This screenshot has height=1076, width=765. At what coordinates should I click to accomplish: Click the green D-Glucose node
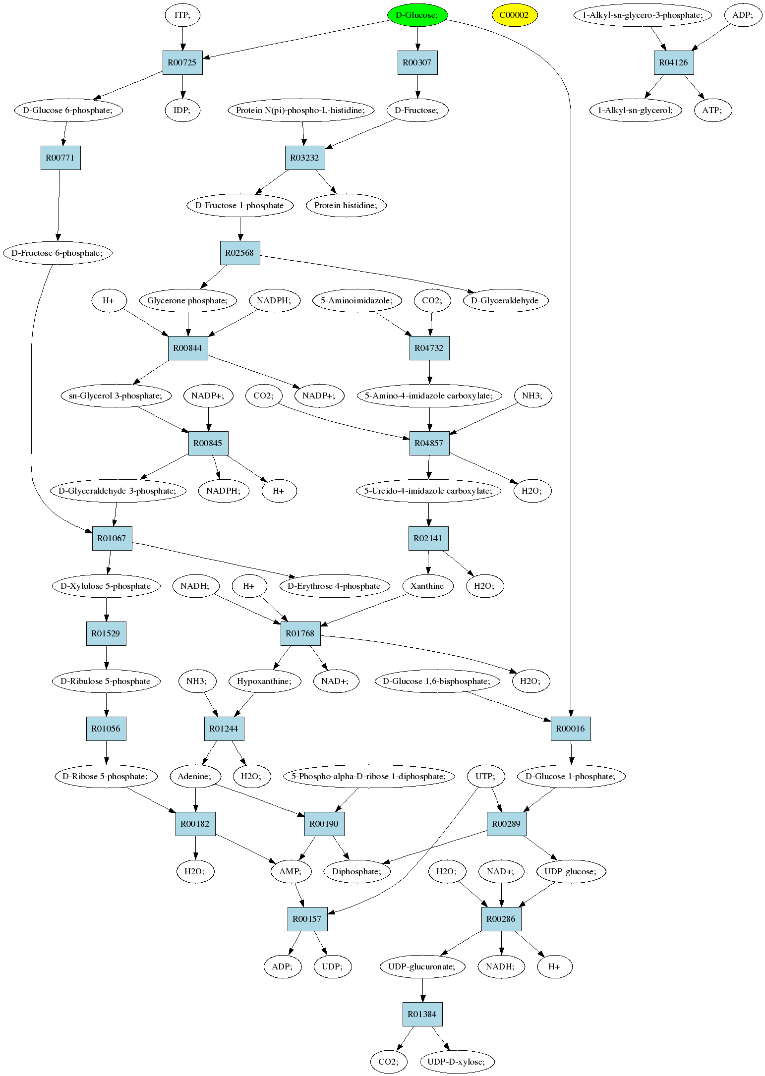pyautogui.click(x=417, y=15)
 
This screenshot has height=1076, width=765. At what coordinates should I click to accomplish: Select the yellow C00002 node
pyautogui.click(x=514, y=15)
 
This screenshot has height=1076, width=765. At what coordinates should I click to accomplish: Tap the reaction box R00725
pyautogui.click(x=182, y=62)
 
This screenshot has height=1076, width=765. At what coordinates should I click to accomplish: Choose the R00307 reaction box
pyautogui.click(x=417, y=62)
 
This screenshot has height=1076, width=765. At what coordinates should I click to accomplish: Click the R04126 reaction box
pyautogui.click(x=673, y=62)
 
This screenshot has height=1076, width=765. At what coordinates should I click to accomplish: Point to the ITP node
pyautogui.click(x=182, y=15)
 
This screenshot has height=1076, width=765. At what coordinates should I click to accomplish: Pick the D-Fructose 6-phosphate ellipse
pyautogui.click(x=58, y=253)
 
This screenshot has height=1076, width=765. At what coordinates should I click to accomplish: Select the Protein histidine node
pyautogui.click(x=346, y=205)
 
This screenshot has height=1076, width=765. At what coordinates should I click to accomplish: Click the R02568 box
pyautogui.click(x=240, y=253)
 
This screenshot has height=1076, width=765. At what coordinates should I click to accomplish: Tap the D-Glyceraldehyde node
pyautogui.click(x=505, y=300)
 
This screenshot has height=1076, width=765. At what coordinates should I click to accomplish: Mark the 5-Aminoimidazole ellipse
pyautogui.click(x=357, y=300)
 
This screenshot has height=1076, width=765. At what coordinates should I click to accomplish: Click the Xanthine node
pyautogui.click(x=427, y=586)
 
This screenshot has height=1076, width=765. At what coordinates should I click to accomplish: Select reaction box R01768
pyautogui.click(x=300, y=633)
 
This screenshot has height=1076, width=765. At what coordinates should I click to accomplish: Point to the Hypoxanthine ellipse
pyautogui.click(x=265, y=681)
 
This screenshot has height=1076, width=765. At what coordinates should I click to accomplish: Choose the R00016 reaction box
pyautogui.click(x=571, y=729)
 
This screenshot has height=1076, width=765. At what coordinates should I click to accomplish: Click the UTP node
pyautogui.click(x=485, y=776)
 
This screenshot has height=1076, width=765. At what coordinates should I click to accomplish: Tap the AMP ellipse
pyautogui.click(x=291, y=871)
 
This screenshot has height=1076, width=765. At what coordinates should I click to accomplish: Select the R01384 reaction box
pyautogui.click(x=422, y=1014)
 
